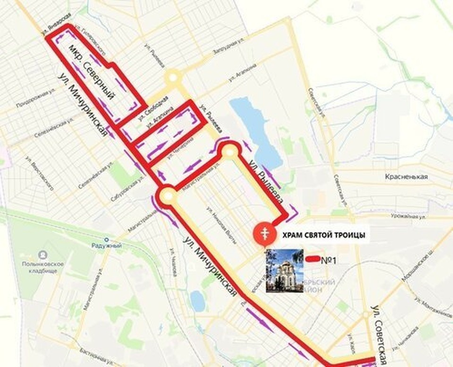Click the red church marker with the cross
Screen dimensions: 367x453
(x=262, y=232)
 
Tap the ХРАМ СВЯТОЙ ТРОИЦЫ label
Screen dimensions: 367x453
(x=323, y=235)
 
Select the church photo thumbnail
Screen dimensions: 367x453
(x=285, y=270)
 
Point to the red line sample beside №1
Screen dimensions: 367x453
(x=312, y=259)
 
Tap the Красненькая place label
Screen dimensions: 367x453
(x=409, y=177)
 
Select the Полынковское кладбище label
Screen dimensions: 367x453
(x=42, y=267)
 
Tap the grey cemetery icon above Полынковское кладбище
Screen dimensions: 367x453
(x=42, y=255)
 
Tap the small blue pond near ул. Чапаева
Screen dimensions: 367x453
(x=197, y=299)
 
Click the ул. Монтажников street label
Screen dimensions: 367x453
(x=433, y=307)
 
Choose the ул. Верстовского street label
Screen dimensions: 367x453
(x=39, y=172)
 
